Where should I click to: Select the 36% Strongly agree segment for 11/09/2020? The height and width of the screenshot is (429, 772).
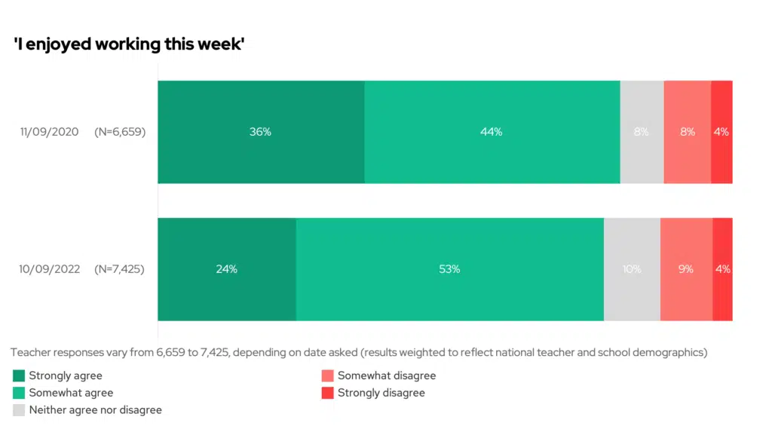pos(261,132)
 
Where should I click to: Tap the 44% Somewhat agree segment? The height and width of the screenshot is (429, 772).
pos(492,132)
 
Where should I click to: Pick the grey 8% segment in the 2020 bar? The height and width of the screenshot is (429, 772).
pos(642,132)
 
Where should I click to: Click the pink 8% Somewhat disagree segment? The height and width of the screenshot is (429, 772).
pos(687,132)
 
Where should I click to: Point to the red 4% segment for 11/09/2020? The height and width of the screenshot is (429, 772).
pos(721,132)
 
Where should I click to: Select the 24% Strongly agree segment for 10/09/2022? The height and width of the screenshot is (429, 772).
pos(226,269)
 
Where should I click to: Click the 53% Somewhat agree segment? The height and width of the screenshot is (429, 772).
pos(449,269)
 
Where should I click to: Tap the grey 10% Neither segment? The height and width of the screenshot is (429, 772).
pos(632,269)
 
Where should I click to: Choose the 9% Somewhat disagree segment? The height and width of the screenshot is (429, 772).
pos(686,269)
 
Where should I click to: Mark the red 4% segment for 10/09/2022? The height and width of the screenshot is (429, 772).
pos(722,269)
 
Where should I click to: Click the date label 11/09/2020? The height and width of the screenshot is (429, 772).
pos(49,132)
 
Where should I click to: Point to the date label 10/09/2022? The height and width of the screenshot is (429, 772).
pos(49,269)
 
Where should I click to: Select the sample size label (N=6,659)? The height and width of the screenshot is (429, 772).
pos(120,132)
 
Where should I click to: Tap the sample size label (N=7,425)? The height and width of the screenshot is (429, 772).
pos(120,269)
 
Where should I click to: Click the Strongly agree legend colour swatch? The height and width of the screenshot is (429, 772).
pos(20,375)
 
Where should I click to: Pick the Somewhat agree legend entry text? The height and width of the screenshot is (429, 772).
pos(71,393)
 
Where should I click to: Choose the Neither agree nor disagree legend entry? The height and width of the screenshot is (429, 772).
pos(95,410)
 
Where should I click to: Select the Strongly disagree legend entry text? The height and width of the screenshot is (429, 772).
pos(381,393)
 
